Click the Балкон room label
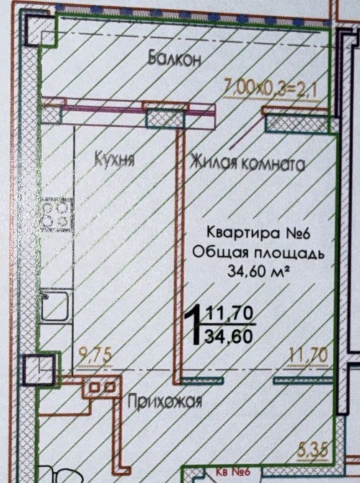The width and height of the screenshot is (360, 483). coord(175,58)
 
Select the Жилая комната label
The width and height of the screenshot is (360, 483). coord(247,162)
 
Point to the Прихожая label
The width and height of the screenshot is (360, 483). coord(165,401)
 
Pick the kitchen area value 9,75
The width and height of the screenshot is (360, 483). coord(95,355)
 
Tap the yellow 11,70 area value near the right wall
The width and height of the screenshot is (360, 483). coord(308,355)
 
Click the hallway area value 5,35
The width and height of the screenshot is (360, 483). coord(311,450)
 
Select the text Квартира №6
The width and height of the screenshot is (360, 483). coord(258,233)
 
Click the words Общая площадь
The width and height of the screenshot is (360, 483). coord(258,253)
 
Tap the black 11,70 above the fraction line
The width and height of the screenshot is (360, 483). coord(230,314)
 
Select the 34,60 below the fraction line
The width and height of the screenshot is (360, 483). coord(229,336)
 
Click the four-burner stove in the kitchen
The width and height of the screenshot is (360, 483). coord(58,214)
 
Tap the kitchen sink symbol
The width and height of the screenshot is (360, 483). coord(55,306)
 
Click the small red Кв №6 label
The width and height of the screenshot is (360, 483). coord(232,472)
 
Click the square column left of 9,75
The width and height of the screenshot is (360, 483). coord(39,369)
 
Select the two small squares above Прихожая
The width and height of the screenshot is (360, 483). coord(102,386)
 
